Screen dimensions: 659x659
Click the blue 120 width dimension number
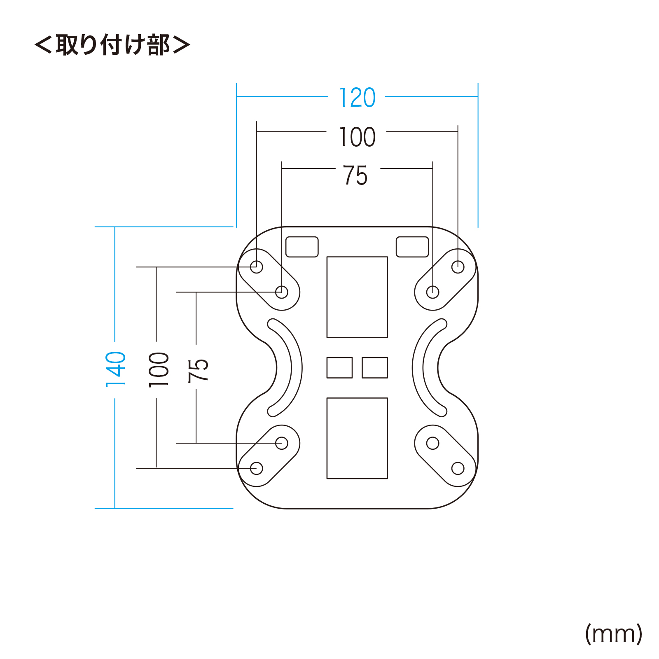point(357,98)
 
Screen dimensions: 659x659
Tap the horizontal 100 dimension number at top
point(357,137)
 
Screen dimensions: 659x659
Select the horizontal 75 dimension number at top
point(355,175)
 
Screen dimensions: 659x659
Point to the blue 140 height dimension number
point(115,369)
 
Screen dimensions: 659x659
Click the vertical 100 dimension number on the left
point(159,369)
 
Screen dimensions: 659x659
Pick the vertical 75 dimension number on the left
point(198,371)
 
